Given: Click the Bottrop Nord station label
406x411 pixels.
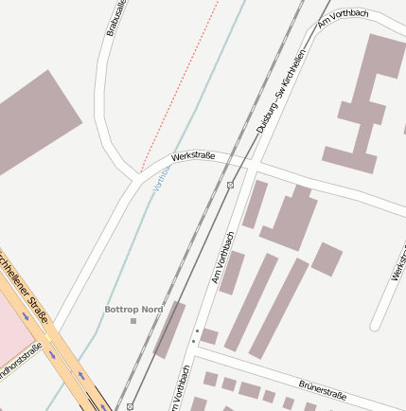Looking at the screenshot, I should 133,310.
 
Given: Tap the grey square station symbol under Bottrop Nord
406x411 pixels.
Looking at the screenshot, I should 133,321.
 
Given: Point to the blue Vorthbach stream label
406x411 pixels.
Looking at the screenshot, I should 161,177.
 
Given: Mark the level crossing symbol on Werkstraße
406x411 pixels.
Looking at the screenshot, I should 230,184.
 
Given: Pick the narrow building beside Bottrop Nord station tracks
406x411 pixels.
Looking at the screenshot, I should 170,329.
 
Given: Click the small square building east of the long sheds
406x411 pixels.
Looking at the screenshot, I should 327,259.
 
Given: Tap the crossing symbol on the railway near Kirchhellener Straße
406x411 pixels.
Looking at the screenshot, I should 130,405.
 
